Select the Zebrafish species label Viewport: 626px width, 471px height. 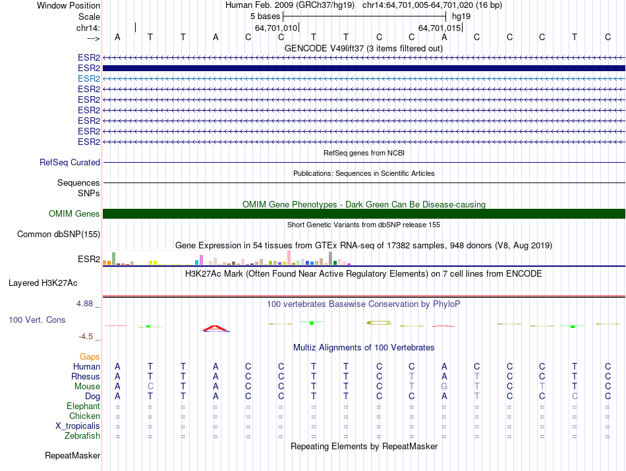(83, 436)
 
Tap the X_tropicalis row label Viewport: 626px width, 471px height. (78, 426)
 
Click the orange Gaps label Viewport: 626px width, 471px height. (90, 357)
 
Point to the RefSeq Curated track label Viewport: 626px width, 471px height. (70, 162)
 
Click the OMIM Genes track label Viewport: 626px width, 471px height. (74, 214)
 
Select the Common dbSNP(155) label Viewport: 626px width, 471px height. (59, 234)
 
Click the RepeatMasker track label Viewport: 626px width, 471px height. (72, 456)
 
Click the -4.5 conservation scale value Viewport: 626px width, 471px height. (88, 337)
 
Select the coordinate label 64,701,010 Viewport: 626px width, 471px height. (276, 28)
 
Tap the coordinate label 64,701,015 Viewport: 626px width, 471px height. (440, 28)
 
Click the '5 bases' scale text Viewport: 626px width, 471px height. (265, 16)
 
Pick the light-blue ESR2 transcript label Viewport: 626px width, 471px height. (89, 78)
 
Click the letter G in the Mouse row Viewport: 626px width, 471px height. (444, 387)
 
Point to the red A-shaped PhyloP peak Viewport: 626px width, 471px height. (215, 328)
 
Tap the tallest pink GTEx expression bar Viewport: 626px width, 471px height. (289, 258)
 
